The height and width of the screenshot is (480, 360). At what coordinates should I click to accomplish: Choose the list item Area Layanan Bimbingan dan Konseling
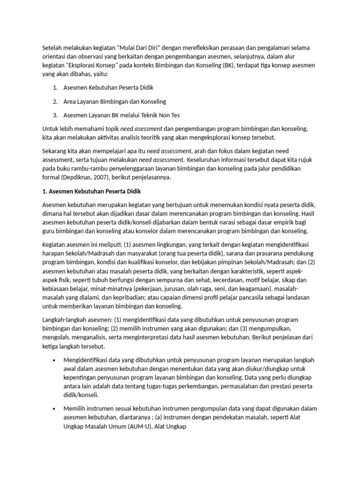click(115, 101)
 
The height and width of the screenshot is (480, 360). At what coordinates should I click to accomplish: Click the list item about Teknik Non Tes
click(121, 115)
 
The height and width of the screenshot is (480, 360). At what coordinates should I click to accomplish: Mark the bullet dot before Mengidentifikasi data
click(55, 360)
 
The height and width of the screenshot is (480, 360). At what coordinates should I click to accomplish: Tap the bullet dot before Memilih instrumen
click(55, 409)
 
